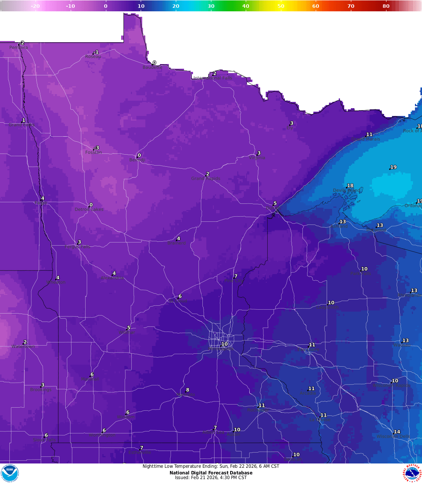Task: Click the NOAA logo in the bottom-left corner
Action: tap(10, 473)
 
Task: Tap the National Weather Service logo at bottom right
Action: tap(413, 473)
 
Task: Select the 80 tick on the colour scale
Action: tap(386, 6)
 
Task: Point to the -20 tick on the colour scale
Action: tap(35, 6)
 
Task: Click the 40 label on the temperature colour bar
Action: tap(246, 6)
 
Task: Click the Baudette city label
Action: tap(152, 67)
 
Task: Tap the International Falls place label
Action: tap(213, 78)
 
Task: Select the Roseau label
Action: tap(93, 57)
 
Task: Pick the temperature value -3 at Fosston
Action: tap(97, 148)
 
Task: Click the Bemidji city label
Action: tap(137, 160)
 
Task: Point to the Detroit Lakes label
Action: tap(89, 209)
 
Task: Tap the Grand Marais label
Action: tap(366, 139)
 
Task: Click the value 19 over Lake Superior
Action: tap(393, 167)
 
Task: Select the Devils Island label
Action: tap(347, 191)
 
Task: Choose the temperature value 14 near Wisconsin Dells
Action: tap(397, 432)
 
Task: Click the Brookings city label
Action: tap(41, 390)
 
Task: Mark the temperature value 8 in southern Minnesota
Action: tap(188, 390)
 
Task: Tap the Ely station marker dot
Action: tap(290, 125)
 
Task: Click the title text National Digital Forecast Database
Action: tap(211, 473)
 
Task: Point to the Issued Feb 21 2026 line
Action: tap(211, 478)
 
